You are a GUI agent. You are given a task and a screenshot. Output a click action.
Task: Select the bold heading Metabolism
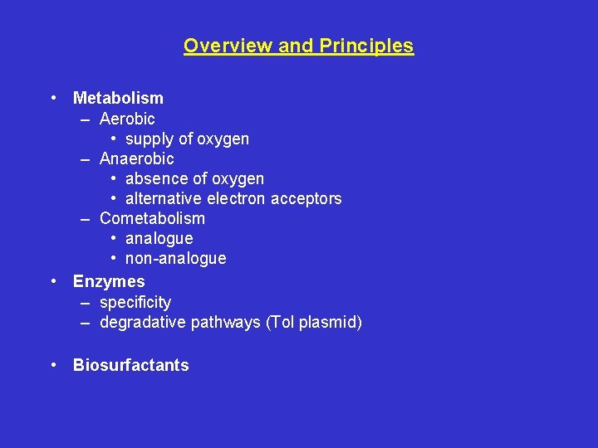point(118,98)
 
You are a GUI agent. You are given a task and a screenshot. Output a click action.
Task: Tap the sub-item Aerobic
point(127,119)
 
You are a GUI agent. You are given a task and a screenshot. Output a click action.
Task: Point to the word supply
point(150,139)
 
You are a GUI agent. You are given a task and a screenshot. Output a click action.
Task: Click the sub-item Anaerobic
point(137,158)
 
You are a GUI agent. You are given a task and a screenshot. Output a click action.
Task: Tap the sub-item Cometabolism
point(152,218)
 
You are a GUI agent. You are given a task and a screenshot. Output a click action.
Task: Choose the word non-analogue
point(175,258)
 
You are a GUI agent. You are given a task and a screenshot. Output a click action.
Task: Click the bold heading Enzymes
point(109,281)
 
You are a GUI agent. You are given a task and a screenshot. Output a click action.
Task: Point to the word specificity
point(135,302)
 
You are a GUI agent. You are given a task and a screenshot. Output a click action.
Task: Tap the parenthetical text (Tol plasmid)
point(314,322)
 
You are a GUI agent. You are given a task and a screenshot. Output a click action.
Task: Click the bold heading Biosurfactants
point(131,365)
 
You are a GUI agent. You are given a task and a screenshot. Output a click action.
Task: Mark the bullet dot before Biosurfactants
point(53,365)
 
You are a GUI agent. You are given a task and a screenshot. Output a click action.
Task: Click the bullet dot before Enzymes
point(53,281)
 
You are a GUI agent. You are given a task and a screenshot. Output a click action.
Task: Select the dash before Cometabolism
point(86,218)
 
